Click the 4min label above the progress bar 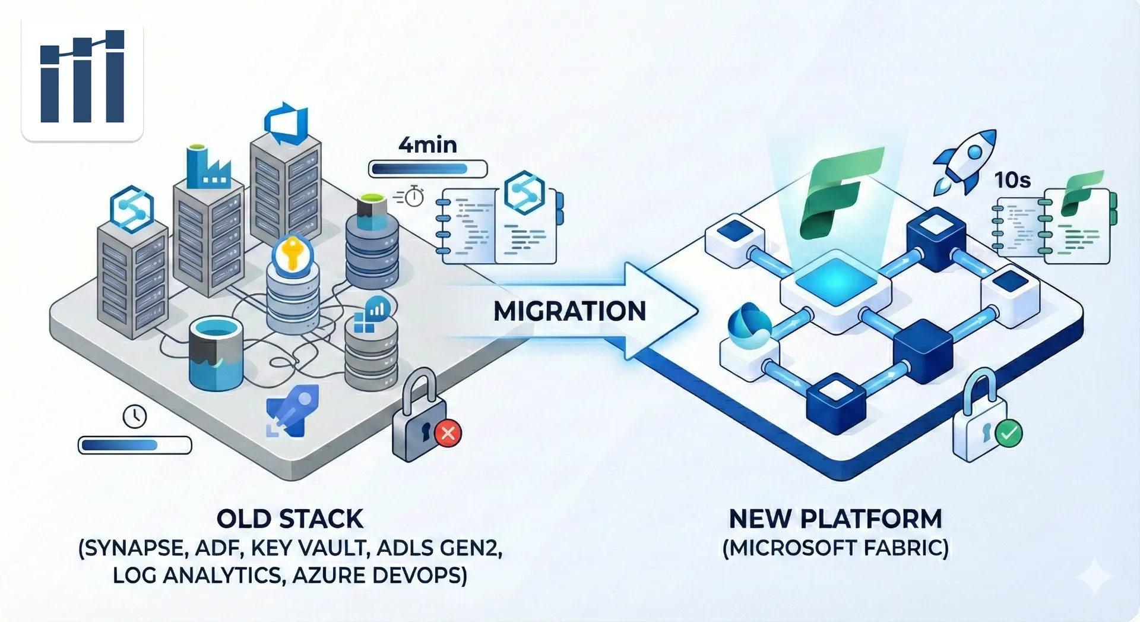tap(427, 145)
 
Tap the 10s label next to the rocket tap(1012, 180)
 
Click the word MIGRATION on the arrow tap(569, 311)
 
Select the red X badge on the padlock tap(448, 433)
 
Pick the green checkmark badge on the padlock tap(1008, 433)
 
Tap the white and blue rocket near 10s tap(964, 160)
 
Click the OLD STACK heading tap(290, 519)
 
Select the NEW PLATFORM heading tap(835, 519)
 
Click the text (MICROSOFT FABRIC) tap(835, 548)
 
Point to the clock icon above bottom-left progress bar tap(135, 416)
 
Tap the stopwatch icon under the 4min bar tap(414, 196)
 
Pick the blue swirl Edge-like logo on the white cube tap(749, 326)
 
